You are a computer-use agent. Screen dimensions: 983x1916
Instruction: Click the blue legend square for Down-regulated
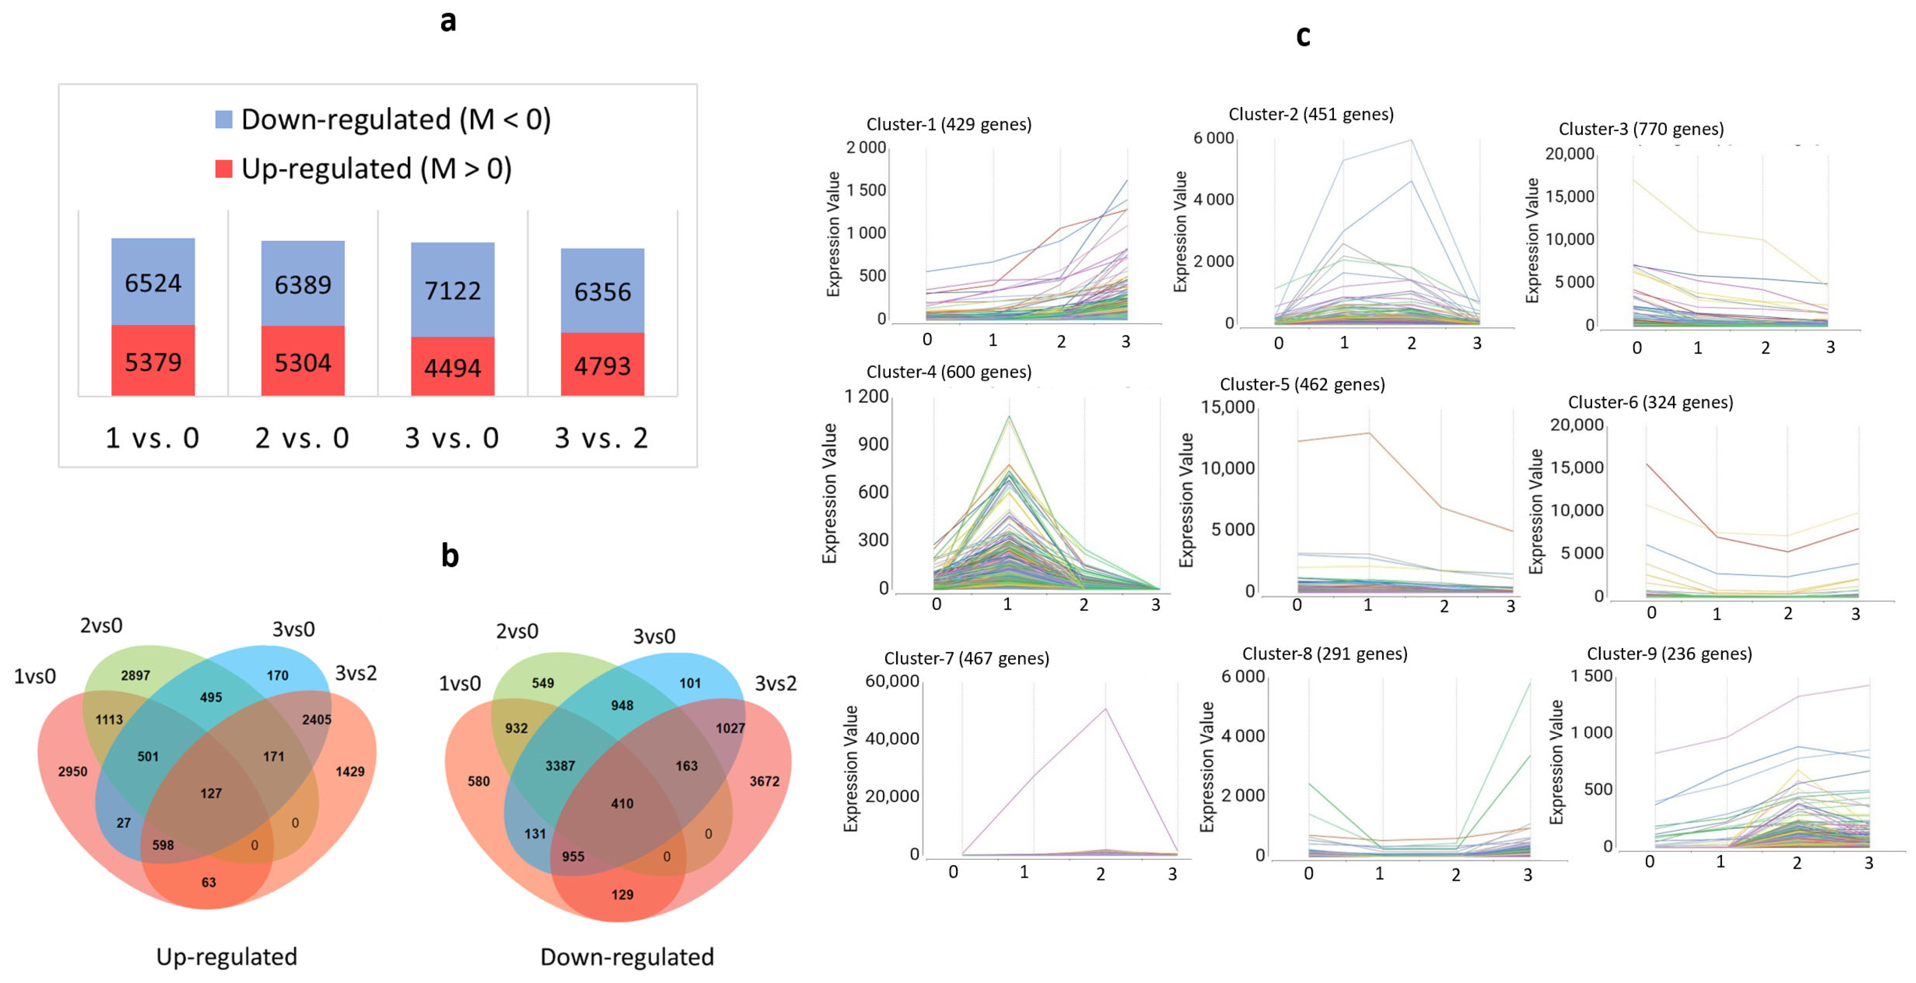[x=223, y=119]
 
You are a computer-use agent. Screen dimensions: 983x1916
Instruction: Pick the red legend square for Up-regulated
[x=223, y=169]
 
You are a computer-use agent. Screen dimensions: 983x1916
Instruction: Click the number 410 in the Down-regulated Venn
[x=622, y=804]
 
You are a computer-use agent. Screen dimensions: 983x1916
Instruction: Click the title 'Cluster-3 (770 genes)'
[x=1641, y=129]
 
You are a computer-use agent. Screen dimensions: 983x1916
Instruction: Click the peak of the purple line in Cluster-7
[x=1105, y=708]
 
